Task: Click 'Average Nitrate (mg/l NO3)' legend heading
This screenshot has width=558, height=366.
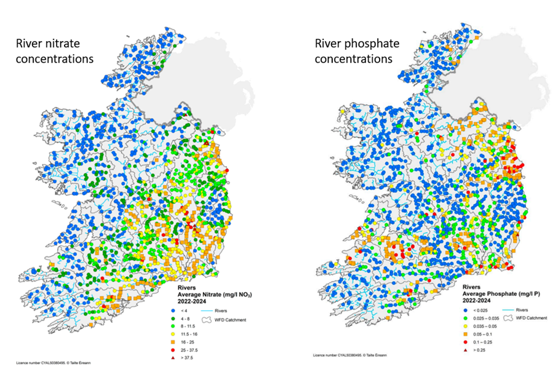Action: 215,295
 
